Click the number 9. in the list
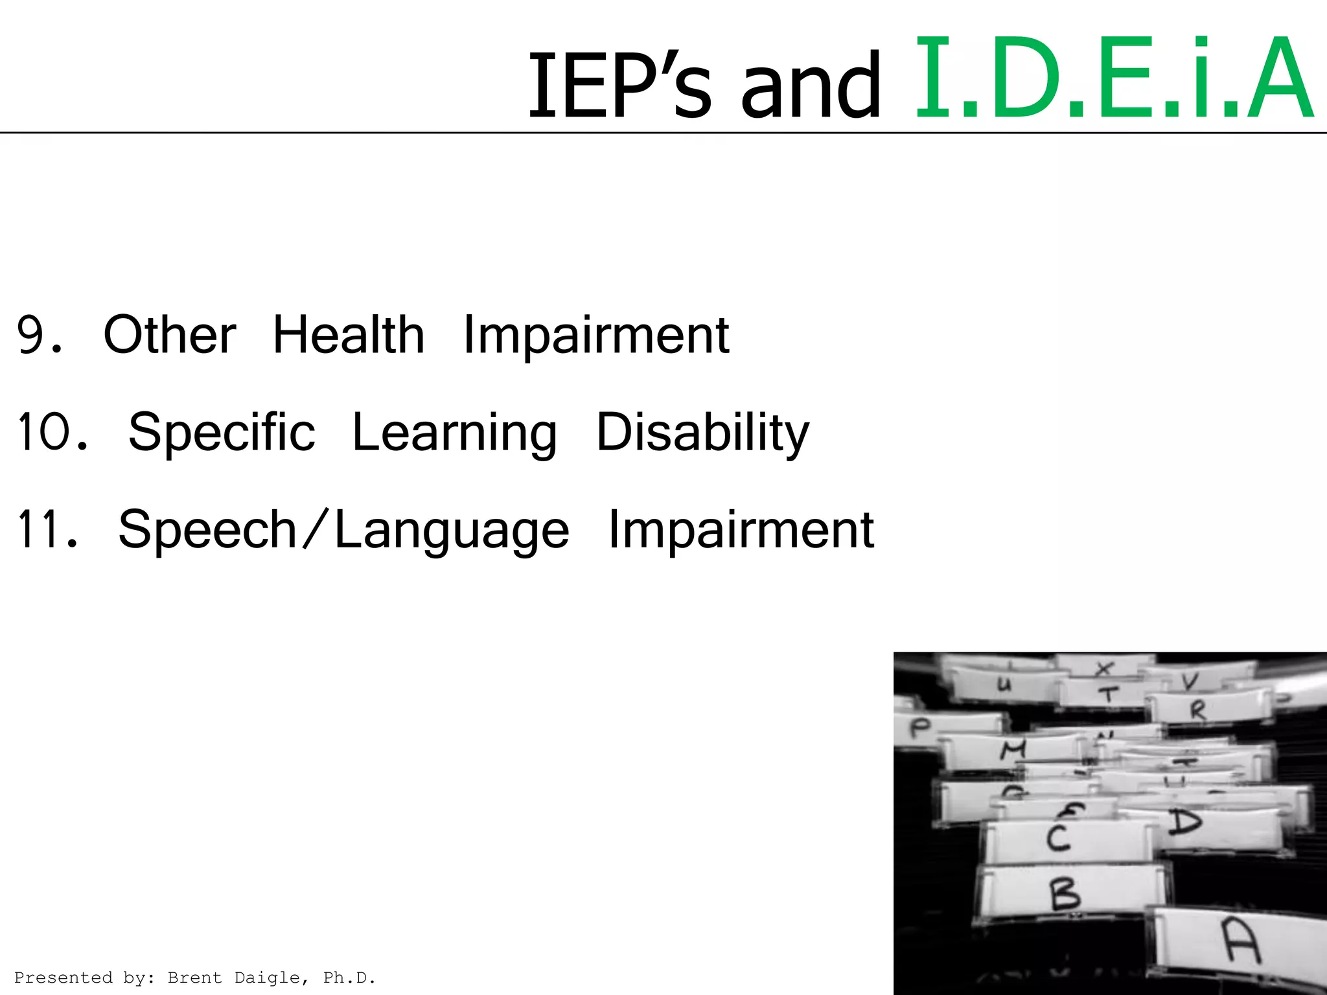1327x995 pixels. point(40,336)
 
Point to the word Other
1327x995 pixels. point(170,335)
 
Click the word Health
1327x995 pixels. point(349,335)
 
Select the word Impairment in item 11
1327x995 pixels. point(741,530)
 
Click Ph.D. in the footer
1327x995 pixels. point(349,978)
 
